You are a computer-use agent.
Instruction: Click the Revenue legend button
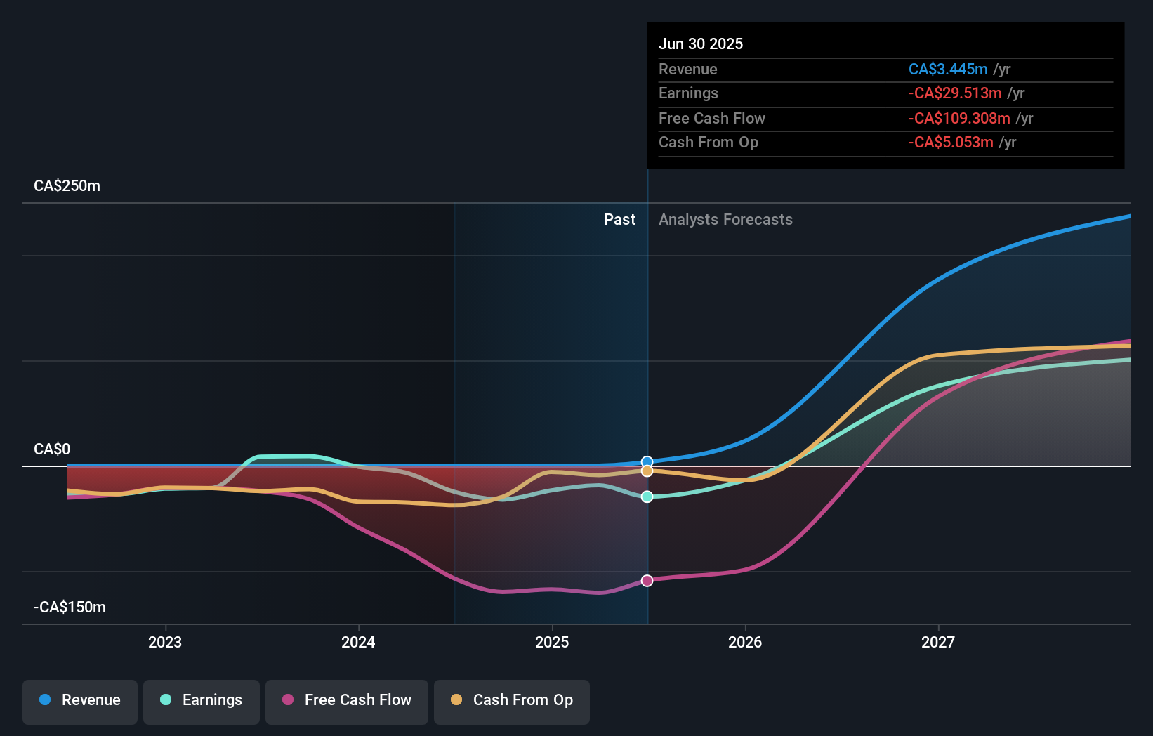pyautogui.click(x=80, y=701)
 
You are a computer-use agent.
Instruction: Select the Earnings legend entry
pyautogui.click(x=202, y=701)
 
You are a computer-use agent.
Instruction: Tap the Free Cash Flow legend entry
pyautogui.click(x=347, y=701)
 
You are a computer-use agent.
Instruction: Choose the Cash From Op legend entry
pyautogui.click(x=512, y=701)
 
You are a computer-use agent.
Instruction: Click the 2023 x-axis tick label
pyautogui.click(x=165, y=643)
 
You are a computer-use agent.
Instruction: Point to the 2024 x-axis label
pyautogui.click(x=358, y=643)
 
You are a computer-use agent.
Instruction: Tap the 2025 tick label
pyautogui.click(x=552, y=643)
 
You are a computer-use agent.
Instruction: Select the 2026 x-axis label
pyautogui.click(x=745, y=643)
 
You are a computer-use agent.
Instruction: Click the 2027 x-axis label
pyautogui.click(x=938, y=643)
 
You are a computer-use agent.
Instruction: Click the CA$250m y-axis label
pyautogui.click(x=67, y=186)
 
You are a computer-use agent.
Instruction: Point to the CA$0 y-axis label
pyautogui.click(x=52, y=449)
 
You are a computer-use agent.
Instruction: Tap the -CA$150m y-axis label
pyautogui.click(x=70, y=607)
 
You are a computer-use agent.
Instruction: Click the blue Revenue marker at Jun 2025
pyautogui.click(x=647, y=462)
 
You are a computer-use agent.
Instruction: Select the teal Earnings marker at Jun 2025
pyautogui.click(x=647, y=497)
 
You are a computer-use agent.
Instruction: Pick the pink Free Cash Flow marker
pyautogui.click(x=647, y=581)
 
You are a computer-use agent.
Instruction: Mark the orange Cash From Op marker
pyautogui.click(x=647, y=471)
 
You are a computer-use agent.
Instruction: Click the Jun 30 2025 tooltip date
pyautogui.click(x=701, y=44)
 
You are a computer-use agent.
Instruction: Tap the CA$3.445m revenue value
pyautogui.click(x=948, y=70)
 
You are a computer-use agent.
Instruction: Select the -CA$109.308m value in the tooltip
pyautogui.click(x=959, y=119)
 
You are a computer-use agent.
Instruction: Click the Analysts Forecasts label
pyautogui.click(x=725, y=220)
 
